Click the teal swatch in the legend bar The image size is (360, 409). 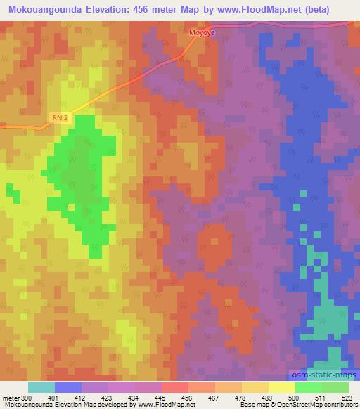(x=41, y=388)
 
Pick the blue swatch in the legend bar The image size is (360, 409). (x=68, y=388)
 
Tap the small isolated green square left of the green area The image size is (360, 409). (x=10, y=190)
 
